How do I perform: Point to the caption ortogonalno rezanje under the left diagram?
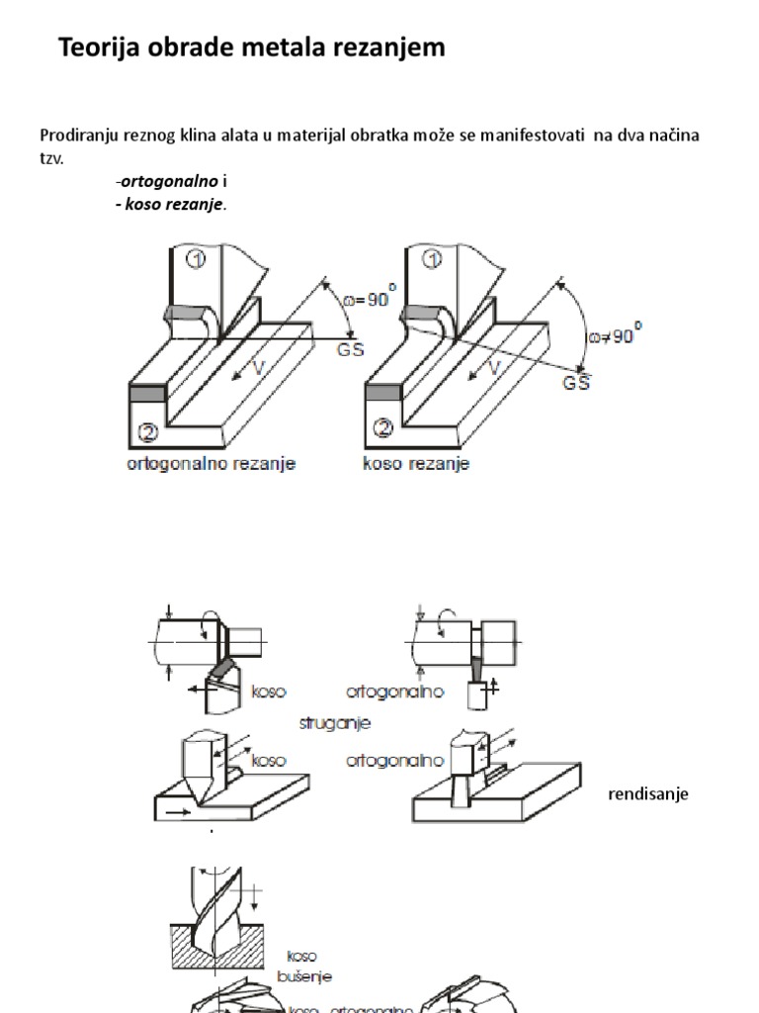(211, 463)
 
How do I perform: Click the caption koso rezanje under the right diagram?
(414, 463)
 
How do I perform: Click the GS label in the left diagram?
(350, 349)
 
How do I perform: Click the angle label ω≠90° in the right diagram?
(614, 333)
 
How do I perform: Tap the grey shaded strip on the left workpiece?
(145, 393)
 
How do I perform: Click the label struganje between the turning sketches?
(334, 723)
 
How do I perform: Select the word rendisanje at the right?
(647, 794)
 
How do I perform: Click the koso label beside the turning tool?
(268, 691)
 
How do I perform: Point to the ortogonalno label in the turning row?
(394, 691)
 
